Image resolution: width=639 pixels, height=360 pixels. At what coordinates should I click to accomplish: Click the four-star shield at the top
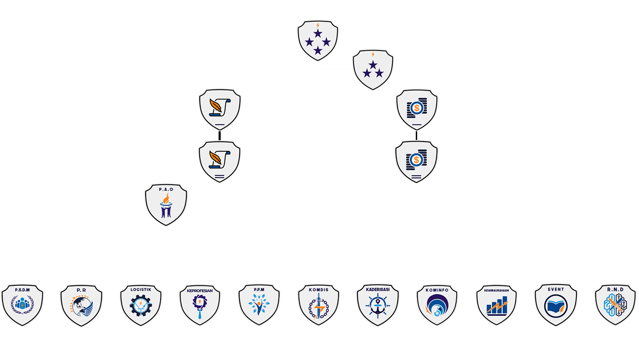coord(318,40)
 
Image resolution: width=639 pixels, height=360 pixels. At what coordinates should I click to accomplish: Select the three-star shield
coord(373,70)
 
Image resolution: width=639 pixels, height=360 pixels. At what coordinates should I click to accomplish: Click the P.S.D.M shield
coord(22,306)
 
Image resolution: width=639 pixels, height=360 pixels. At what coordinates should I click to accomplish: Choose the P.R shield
coord(81,306)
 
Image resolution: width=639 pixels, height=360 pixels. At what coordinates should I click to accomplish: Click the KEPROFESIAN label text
coord(200,291)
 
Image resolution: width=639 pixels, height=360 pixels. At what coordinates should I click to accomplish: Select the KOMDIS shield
coord(318,306)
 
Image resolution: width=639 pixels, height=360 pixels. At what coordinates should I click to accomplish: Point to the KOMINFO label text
coord(437,290)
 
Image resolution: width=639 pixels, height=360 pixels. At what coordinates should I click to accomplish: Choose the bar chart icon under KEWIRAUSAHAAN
coord(497,306)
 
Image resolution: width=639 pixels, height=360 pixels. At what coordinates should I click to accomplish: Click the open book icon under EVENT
coord(556,306)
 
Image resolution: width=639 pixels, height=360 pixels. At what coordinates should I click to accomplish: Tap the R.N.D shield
coord(615,306)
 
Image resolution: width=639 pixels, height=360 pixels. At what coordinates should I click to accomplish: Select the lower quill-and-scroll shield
coord(220,161)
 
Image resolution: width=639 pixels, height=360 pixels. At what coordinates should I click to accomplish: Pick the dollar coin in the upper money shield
coord(416,107)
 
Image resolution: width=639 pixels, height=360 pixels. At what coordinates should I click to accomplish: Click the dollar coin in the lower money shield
coord(416,159)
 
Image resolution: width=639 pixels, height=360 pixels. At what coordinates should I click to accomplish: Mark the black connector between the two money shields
coord(416,135)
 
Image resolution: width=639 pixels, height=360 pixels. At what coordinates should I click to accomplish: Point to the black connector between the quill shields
coord(220,135)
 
